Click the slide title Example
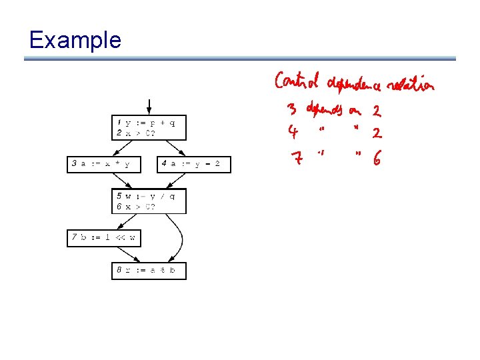tap(75, 40)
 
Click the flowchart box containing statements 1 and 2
tap(148, 127)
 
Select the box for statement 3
tap(104, 164)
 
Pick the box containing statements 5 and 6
tap(148, 201)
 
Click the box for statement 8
tap(148, 271)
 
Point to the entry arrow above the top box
tap(149, 107)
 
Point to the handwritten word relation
tap(411, 85)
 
